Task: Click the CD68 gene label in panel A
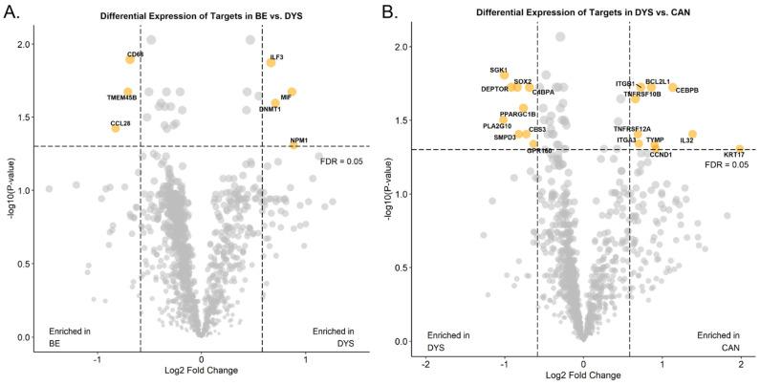(135, 54)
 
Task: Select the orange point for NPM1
(294, 145)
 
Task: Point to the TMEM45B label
(121, 97)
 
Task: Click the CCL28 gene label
(120, 123)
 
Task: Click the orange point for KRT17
(739, 149)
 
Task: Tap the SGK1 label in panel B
(498, 70)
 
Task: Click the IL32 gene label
(686, 140)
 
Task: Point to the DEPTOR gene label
(494, 89)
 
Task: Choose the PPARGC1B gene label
(518, 115)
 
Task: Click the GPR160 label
(539, 151)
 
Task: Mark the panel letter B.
(391, 13)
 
